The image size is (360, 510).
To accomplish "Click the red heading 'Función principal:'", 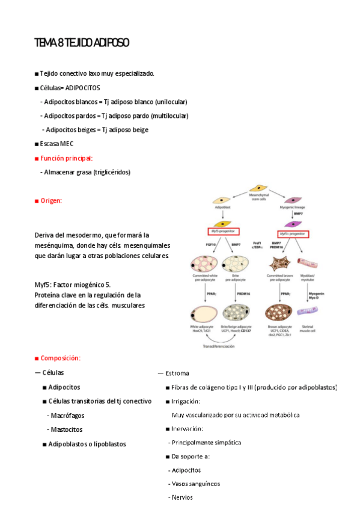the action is click(x=66, y=158).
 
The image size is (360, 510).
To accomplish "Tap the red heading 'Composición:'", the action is click(x=60, y=358).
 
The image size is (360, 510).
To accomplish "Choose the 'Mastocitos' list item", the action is click(x=66, y=429).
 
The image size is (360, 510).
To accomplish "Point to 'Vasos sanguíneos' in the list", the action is click(x=195, y=484).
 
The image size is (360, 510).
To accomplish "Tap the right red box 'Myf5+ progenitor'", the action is click(x=293, y=233).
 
